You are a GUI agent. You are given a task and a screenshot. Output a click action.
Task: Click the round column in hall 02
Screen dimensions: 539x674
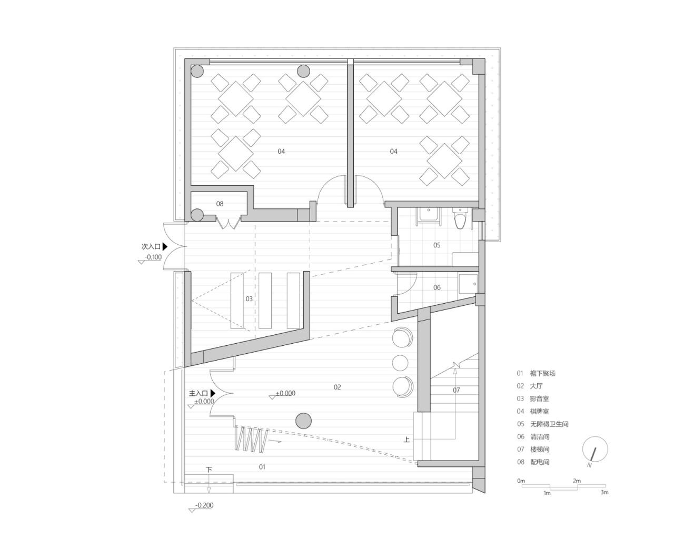[x=303, y=421]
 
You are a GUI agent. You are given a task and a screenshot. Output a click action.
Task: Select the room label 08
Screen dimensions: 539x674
[x=220, y=204]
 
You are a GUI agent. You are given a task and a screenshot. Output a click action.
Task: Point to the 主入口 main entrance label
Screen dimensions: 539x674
[x=199, y=393]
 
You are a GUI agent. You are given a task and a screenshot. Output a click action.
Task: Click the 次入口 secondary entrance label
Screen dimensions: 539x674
[x=151, y=246]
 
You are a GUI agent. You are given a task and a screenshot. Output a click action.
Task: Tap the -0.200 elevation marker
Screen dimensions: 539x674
[x=204, y=506]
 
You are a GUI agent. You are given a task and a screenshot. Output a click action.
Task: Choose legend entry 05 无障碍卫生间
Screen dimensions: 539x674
[x=542, y=424]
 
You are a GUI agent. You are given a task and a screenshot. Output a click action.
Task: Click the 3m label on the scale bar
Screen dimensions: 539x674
[x=604, y=493]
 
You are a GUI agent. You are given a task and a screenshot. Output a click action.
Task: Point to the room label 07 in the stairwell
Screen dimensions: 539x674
[x=456, y=390]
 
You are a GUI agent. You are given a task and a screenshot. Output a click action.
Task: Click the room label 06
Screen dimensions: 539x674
[x=437, y=287]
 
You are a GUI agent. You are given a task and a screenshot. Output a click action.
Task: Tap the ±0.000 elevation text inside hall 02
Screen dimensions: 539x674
[x=285, y=393]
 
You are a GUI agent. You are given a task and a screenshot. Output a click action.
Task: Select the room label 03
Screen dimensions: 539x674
[x=249, y=299]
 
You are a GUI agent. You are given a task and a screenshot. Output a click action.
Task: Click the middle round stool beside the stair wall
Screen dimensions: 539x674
[x=400, y=362]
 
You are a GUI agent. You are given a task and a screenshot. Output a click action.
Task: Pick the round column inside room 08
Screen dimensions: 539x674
[x=197, y=214]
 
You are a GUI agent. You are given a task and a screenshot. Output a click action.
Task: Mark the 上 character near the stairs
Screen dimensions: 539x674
[x=407, y=440]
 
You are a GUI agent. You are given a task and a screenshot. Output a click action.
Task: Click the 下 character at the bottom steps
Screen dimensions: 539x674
[x=209, y=470]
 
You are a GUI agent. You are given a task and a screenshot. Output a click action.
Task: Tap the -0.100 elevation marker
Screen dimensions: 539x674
[x=154, y=257]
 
